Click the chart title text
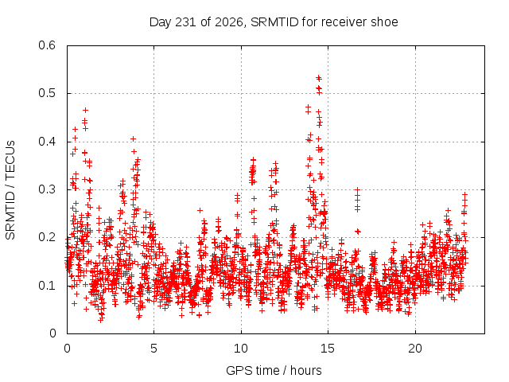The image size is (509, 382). (274, 22)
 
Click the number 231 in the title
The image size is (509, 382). (185, 22)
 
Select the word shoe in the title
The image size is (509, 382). (385, 22)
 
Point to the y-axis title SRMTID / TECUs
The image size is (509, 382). (10, 190)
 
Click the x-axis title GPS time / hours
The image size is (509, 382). (274, 370)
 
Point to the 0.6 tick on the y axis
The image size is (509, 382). (47, 45)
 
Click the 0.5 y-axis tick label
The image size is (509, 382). (47, 93)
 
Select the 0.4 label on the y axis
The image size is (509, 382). (47, 142)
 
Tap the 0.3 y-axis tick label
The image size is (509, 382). (47, 189)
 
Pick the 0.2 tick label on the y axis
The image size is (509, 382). (47, 237)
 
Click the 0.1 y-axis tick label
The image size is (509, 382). (47, 286)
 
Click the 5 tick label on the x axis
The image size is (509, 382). (153, 349)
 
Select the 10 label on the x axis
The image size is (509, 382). (241, 349)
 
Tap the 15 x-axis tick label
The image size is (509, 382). (328, 349)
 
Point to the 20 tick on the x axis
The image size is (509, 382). (415, 349)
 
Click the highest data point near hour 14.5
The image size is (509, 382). (319, 78)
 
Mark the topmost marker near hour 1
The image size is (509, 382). (85, 111)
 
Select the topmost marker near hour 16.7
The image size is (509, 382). (357, 189)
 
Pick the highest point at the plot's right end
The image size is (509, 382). (464, 194)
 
